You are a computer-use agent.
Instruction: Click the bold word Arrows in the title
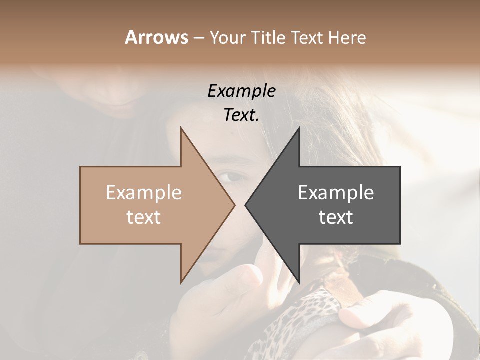pyautogui.click(x=156, y=37)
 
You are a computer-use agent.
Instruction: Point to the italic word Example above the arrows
pyautogui.click(x=241, y=91)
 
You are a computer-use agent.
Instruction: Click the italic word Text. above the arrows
pyautogui.click(x=241, y=115)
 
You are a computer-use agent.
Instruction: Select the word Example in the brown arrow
pyautogui.click(x=143, y=193)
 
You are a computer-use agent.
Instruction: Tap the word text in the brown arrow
pyautogui.click(x=143, y=217)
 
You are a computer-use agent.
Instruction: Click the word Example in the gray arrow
pyautogui.click(x=336, y=193)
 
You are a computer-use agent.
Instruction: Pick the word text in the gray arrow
pyautogui.click(x=336, y=217)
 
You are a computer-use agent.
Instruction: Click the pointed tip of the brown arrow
pyautogui.click(x=234, y=205)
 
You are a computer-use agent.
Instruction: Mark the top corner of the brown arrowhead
pyautogui.click(x=181, y=128)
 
